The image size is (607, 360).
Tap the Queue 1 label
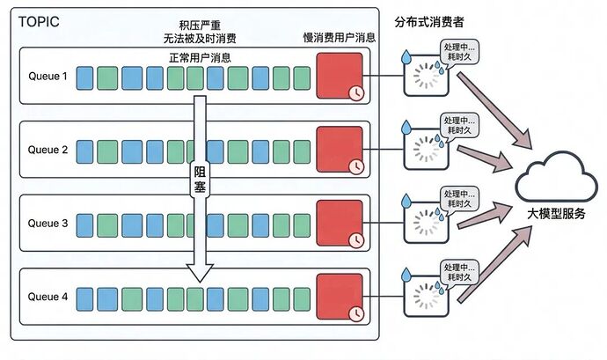47,76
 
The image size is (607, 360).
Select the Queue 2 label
47,150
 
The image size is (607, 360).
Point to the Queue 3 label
47,224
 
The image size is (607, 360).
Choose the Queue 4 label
47,298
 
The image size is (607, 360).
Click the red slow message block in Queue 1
339,76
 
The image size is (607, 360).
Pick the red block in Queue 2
339,150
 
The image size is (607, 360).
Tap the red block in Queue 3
339,224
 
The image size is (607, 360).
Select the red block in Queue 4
339,298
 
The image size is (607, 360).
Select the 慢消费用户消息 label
339,38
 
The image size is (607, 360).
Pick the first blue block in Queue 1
84,78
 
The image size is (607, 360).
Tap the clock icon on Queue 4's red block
355,313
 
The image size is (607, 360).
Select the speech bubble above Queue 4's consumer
458,270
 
